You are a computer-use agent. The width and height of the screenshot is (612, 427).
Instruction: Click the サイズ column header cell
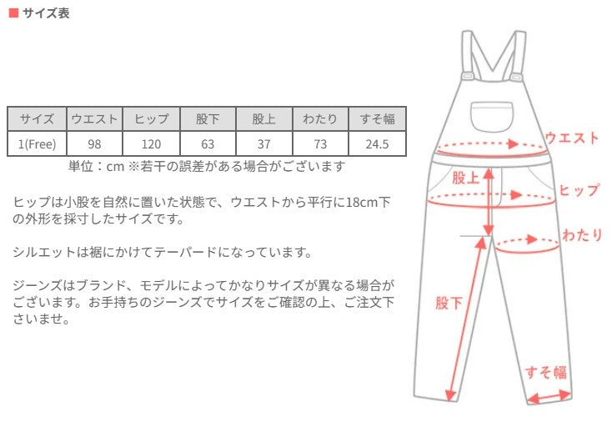tap(37, 118)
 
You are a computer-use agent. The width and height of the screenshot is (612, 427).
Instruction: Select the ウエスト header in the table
tap(94, 118)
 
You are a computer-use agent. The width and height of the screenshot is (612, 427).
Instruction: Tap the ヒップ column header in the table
tap(151, 118)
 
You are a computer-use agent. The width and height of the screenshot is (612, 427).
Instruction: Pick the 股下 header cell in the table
tap(208, 118)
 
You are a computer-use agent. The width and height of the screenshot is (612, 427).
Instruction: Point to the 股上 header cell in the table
tap(264, 118)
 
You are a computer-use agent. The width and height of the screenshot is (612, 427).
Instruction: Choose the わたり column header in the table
tap(321, 118)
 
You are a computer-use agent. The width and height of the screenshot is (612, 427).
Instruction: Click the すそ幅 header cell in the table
tap(378, 118)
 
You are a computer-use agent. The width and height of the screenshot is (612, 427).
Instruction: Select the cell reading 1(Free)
tap(37, 143)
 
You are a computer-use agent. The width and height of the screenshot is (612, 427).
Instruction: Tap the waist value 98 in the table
tap(94, 143)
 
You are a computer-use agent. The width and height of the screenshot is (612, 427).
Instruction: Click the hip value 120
tap(151, 143)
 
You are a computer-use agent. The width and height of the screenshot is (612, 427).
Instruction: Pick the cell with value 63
tap(208, 143)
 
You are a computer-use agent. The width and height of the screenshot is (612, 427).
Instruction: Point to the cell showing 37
tap(264, 143)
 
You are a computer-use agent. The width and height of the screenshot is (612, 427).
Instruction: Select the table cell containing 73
tap(321, 143)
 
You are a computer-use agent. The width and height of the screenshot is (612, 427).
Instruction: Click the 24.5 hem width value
tap(378, 143)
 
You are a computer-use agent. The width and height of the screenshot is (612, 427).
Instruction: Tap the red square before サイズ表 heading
tap(13, 14)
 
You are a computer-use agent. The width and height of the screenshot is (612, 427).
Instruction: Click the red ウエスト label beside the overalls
tap(571, 138)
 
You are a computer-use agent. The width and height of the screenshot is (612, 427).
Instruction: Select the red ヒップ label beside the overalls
tap(579, 190)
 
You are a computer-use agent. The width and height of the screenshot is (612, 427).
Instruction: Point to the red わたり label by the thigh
tap(582, 234)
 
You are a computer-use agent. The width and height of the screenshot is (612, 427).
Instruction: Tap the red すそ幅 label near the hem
tap(545, 372)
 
